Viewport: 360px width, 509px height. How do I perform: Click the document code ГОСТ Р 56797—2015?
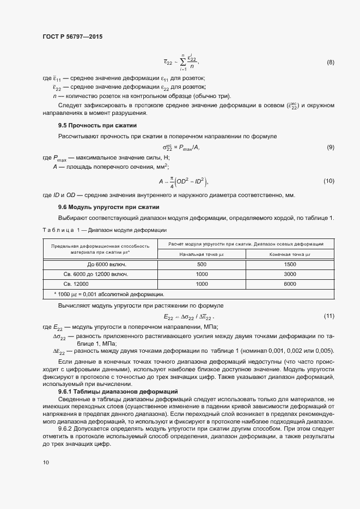[x=72, y=36]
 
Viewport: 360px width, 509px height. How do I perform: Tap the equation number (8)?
[x=330, y=63]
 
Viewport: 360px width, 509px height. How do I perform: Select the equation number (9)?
[x=330, y=148]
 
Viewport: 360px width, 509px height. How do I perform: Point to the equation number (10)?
[x=328, y=181]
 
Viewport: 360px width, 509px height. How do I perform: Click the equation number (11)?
[x=328, y=316]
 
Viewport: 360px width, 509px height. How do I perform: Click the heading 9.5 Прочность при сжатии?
[x=90, y=126]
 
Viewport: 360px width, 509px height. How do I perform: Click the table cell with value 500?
[x=202, y=264]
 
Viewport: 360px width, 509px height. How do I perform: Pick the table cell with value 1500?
[x=290, y=264]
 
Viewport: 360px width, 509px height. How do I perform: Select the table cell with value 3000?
[x=290, y=274]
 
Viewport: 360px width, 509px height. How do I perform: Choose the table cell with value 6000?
[x=290, y=284]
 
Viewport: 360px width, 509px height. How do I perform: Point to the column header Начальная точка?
[x=202, y=254]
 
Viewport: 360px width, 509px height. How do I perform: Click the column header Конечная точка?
[x=290, y=254]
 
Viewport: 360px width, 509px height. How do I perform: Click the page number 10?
[x=46, y=462]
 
